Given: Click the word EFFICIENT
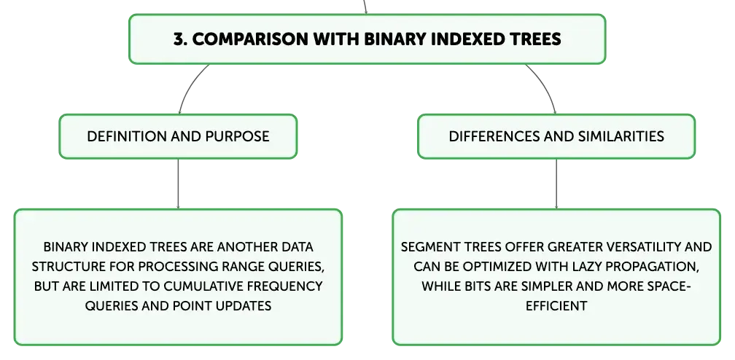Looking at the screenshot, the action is tap(556, 306).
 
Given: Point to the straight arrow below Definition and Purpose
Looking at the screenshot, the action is tap(178, 184).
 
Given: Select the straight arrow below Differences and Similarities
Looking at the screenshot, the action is tap(556, 184).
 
